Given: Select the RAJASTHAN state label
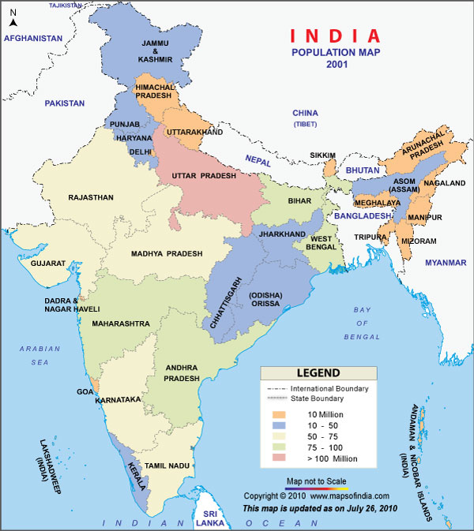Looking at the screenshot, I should [x=91, y=197].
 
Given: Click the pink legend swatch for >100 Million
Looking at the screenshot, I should [x=279, y=458].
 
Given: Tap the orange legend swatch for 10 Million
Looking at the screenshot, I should [x=279, y=414].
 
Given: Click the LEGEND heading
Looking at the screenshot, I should [x=318, y=372].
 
